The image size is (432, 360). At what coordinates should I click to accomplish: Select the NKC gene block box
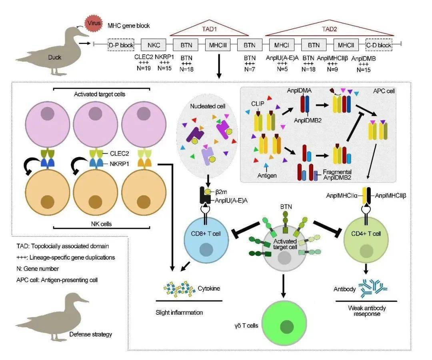pyautogui.click(x=153, y=45)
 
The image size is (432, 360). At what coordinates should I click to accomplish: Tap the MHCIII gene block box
pyautogui.click(x=218, y=45)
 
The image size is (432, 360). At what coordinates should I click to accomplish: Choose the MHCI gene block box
pyautogui.click(x=282, y=45)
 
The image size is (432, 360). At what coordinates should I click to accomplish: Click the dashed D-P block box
pyautogui.click(x=121, y=45)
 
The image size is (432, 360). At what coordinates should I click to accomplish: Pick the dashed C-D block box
pyautogui.click(x=379, y=45)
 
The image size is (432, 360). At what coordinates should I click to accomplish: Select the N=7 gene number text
pyautogui.click(x=250, y=68)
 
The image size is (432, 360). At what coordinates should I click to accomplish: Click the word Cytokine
pyautogui.click(x=209, y=288)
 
